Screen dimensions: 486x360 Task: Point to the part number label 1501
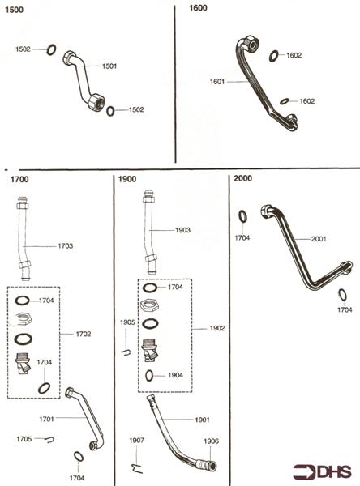[109, 66]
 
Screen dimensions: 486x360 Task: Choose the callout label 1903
[184, 230]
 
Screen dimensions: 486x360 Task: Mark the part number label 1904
[176, 375]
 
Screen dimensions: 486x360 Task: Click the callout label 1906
[211, 441]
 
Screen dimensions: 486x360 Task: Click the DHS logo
[325, 471]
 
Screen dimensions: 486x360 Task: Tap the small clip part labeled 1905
[127, 351]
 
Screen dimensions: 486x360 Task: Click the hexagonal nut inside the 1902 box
[150, 305]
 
